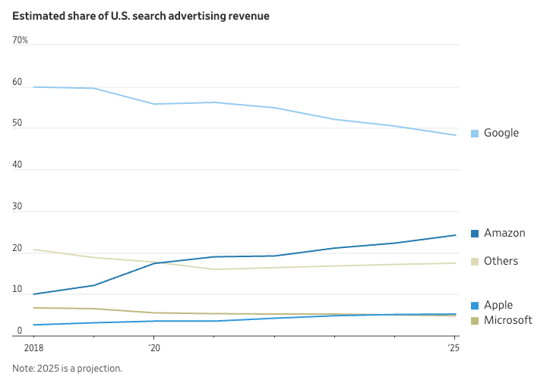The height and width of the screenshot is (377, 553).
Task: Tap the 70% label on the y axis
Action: pos(20,40)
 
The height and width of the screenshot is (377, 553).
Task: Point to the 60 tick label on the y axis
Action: pos(17,82)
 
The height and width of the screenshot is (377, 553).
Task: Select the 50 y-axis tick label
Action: pos(17,123)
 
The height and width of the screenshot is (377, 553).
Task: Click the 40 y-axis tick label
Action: pos(17,165)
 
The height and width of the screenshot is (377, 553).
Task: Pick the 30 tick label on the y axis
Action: pos(17,206)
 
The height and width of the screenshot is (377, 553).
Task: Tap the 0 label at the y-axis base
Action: pos(20,331)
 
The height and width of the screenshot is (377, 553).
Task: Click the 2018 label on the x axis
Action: pos(34,348)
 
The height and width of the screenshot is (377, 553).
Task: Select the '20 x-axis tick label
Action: pos(154,348)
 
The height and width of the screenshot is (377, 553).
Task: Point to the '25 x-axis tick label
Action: pos(454,348)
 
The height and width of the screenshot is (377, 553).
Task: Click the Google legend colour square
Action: pos(475,134)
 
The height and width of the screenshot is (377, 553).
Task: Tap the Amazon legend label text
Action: pos(504,233)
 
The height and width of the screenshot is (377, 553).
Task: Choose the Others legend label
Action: pos(501,261)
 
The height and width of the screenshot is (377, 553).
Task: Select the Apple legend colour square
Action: pos(475,306)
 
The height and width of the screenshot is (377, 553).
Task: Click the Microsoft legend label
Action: pos(508,320)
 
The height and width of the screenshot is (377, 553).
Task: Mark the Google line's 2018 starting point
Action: pos(34,86)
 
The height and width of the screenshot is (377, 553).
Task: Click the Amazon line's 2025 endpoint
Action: pos(455,235)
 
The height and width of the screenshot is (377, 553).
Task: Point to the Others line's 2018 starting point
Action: pos(34,250)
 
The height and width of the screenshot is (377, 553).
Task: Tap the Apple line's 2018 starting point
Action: pos(34,325)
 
